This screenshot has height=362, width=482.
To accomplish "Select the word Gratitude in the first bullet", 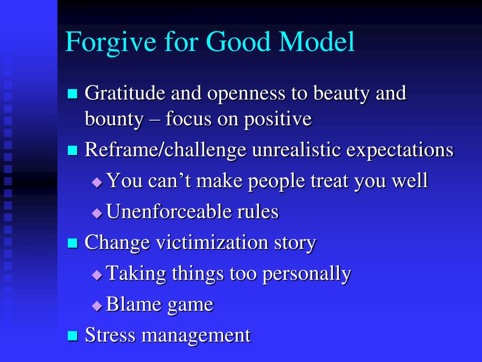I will [x=125, y=93].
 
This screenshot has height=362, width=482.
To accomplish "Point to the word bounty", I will [x=113, y=119].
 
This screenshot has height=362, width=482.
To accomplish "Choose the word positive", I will [x=277, y=119].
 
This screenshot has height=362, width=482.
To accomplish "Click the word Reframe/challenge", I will [x=165, y=150].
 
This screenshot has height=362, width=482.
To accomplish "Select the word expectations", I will [x=400, y=151].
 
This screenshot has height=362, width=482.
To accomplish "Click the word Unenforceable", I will [x=169, y=212].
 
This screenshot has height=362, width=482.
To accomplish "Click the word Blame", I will [x=132, y=304].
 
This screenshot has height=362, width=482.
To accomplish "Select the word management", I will [x=196, y=336].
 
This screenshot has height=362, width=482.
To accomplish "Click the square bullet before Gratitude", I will [x=72, y=94].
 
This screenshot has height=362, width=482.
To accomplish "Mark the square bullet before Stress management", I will [x=72, y=336].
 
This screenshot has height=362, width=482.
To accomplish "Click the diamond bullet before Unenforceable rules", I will [x=96, y=214].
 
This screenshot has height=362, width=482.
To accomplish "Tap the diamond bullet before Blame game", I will [x=96, y=306].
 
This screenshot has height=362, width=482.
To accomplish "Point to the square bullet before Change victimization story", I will [x=72, y=243].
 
